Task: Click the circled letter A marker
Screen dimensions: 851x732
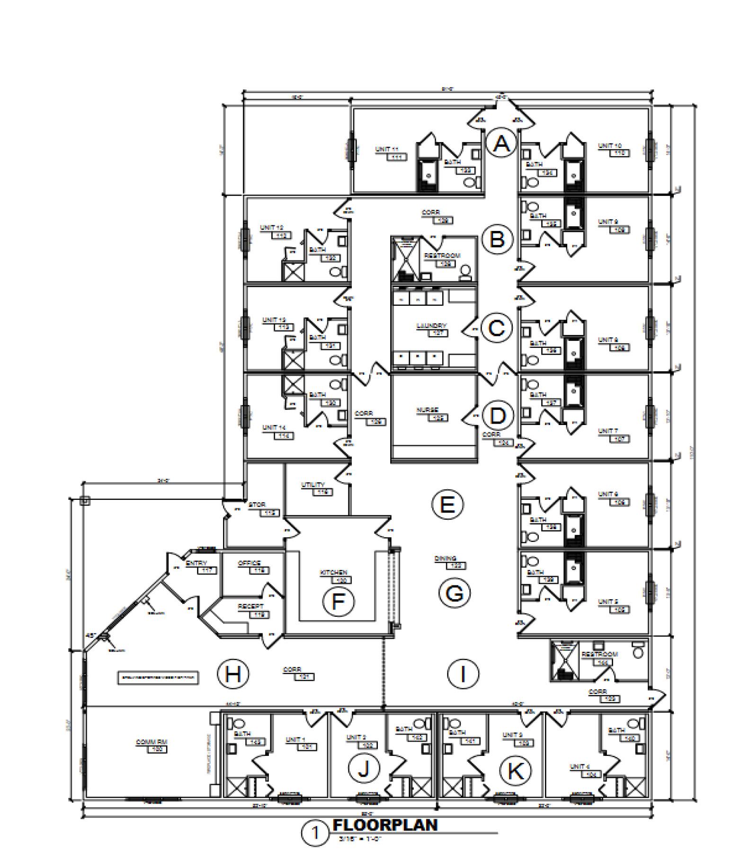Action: (501, 143)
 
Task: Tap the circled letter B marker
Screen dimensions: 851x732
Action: (497, 239)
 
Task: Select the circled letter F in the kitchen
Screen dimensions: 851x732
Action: (338, 602)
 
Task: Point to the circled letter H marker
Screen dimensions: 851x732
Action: (233, 674)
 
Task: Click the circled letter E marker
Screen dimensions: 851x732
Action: (447, 505)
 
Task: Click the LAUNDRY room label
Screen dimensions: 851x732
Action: (431, 326)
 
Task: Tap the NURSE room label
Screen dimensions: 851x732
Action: (428, 410)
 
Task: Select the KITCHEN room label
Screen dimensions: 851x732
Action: (334, 572)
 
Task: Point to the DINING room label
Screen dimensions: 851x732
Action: (446, 558)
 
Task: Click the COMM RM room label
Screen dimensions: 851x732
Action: (152, 742)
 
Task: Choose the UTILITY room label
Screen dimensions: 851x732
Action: (313, 485)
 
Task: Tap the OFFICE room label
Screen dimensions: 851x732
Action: (250, 563)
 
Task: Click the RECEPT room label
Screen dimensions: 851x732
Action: (250, 606)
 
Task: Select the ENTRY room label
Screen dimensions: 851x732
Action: (196, 563)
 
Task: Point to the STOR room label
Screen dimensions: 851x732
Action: (257, 505)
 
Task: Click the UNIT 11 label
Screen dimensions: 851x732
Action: (387, 149)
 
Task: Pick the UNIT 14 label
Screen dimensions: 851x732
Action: (274, 427)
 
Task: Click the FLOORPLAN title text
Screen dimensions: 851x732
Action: (385, 825)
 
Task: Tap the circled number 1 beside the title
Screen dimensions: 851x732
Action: (315, 833)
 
